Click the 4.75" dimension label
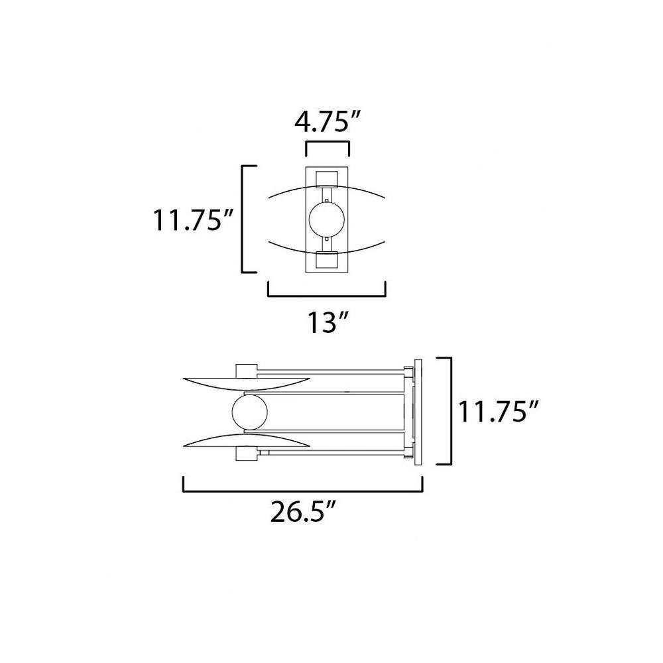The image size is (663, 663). (328, 122)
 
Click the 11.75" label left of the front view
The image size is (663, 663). (193, 220)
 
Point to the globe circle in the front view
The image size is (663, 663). (327, 219)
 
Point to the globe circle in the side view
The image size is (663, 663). (250, 412)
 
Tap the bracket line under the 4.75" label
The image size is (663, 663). (328, 143)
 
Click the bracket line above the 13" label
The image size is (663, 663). (327, 296)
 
